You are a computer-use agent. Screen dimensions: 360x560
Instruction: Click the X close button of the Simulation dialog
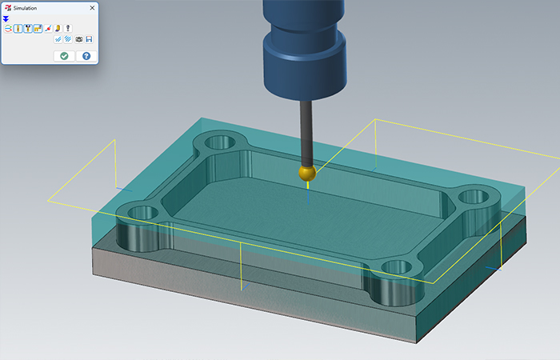click(x=91, y=7)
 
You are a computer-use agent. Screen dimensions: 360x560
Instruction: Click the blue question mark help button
click(x=86, y=56)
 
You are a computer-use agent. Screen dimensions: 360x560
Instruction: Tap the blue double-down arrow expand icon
click(x=6, y=18)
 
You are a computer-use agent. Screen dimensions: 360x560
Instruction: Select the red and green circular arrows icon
click(x=7, y=29)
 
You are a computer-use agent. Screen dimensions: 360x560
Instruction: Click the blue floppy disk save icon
click(x=89, y=39)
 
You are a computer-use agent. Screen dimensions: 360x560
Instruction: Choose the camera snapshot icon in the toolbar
click(x=78, y=39)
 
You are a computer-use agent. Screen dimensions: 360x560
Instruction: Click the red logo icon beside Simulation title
click(x=7, y=7)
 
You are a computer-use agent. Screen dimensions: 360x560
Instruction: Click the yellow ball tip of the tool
click(x=306, y=173)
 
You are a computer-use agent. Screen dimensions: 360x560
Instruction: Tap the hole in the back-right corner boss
click(x=472, y=194)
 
